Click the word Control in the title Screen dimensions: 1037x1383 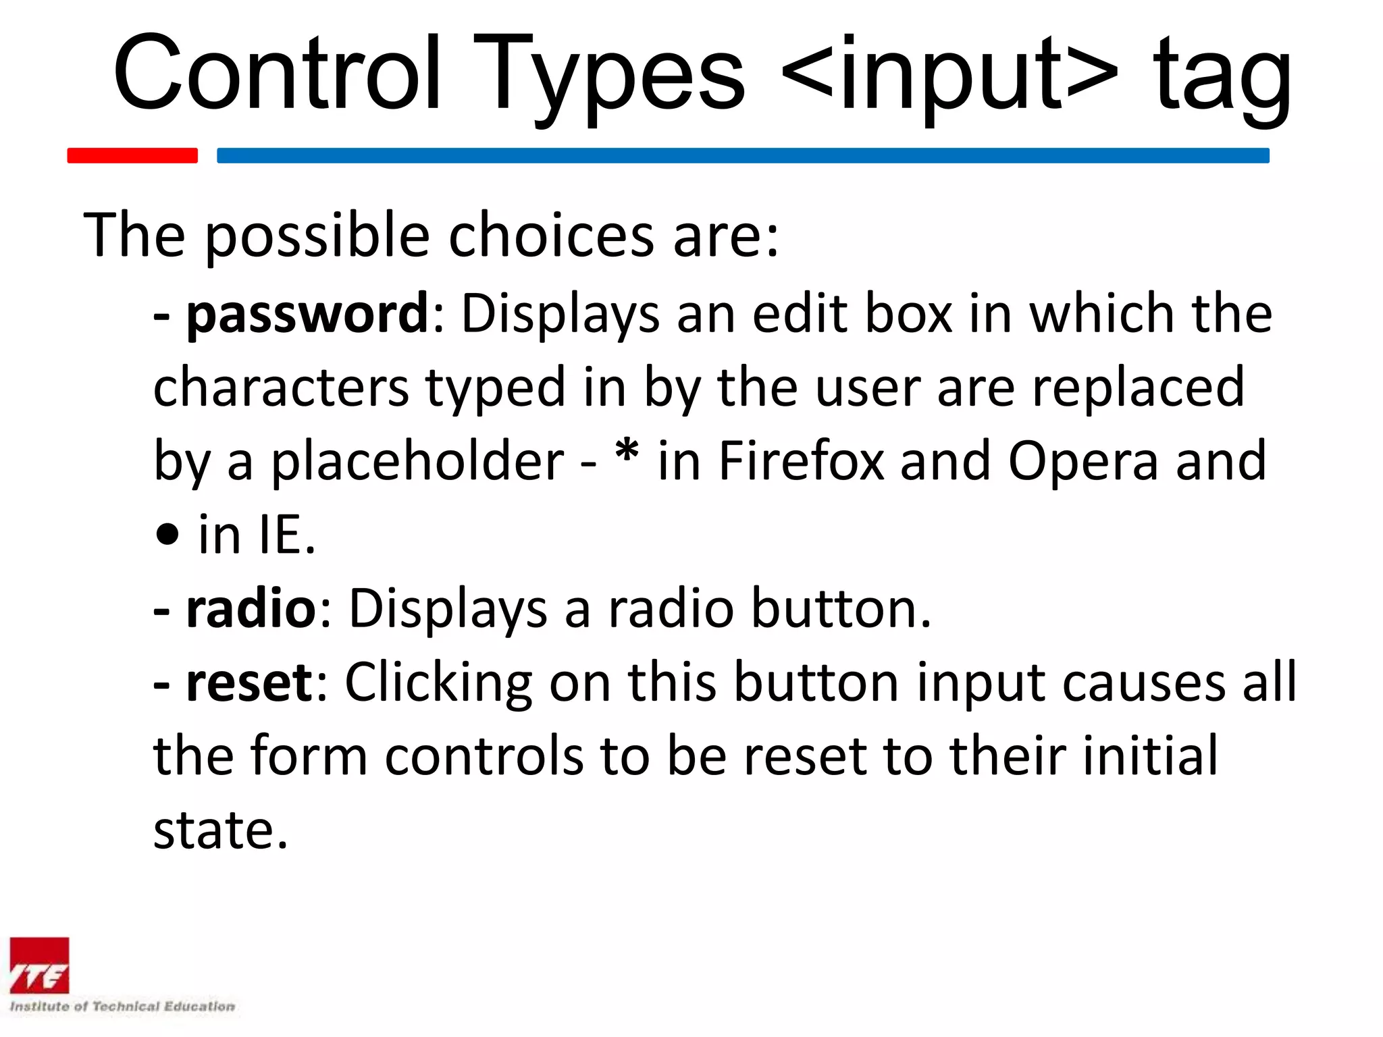[x=277, y=74]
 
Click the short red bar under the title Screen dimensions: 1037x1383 [x=132, y=155]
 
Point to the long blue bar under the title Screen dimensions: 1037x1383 [x=743, y=155]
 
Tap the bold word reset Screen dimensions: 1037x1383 [x=249, y=683]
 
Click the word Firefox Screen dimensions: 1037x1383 [x=801, y=462]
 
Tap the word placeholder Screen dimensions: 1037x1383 [x=417, y=462]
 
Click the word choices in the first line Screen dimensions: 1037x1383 [x=551, y=236]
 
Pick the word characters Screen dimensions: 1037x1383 [x=281, y=389]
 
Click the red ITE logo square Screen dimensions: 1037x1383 [x=40, y=966]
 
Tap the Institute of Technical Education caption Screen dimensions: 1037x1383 [x=122, y=1007]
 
